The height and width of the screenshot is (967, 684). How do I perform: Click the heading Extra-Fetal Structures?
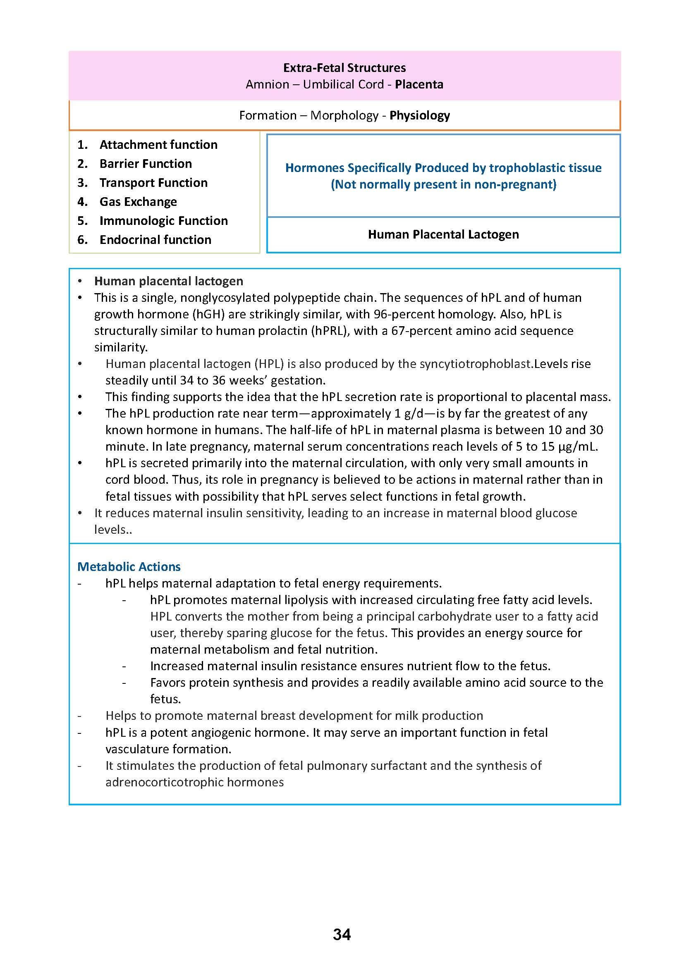[x=344, y=68]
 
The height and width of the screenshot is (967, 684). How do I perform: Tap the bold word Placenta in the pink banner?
[x=419, y=84]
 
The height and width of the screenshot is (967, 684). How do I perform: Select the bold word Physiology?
[x=419, y=115]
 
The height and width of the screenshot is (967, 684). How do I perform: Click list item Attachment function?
[x=158, y=144]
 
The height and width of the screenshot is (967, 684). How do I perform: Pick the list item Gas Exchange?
[x=138, y=202]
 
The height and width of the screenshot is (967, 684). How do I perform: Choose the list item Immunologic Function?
[x=163, y=221]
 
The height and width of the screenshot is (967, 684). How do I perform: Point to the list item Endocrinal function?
[x=155, y=240]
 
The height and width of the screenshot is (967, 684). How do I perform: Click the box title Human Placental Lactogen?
[x=443, y=234]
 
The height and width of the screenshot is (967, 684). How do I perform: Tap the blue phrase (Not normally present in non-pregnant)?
[x=443, y=184]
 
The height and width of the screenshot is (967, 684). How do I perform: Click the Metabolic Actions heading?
[x=129, y=566]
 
